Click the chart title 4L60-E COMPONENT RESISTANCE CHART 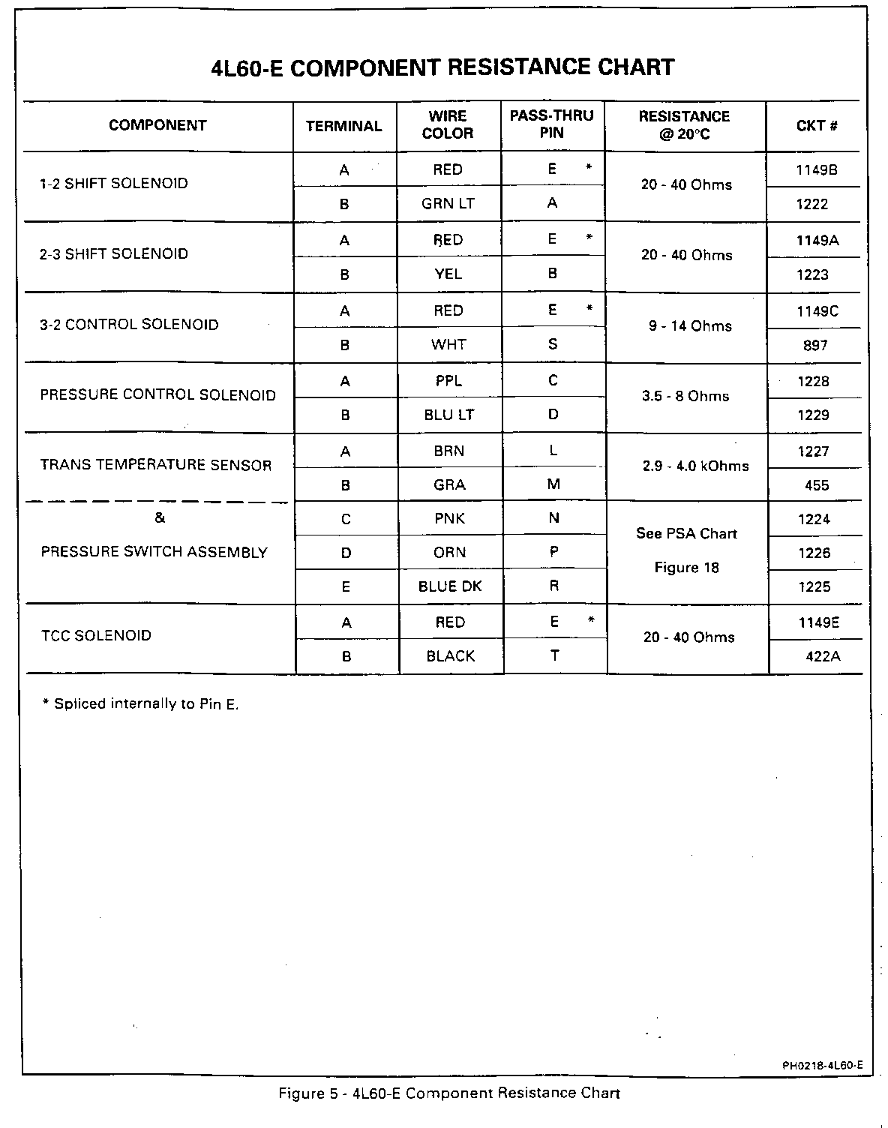[x=443, y=67]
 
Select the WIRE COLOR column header [x=448, y=125]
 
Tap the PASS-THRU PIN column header [x=552, y=124]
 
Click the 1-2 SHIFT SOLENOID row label [x=114, y=184]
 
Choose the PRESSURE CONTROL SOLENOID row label [x=158, y=395]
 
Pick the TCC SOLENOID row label [x=96, y=636]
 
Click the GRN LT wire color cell [x=448, y=204]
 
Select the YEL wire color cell [x=448, y=274]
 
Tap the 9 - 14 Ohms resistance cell [x=690, y=326]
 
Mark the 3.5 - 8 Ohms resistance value [x=685, y=396]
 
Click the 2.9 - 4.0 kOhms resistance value [x=695, y=466]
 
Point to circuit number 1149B [x=816, y=170]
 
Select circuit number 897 [x=815, y=345]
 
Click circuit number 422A [x=823, y=656]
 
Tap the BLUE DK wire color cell [x=450, y=587]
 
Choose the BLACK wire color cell [x=451, y=656]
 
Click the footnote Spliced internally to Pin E [x=141, y=704]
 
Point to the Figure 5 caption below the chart [x=449, y=1093]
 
